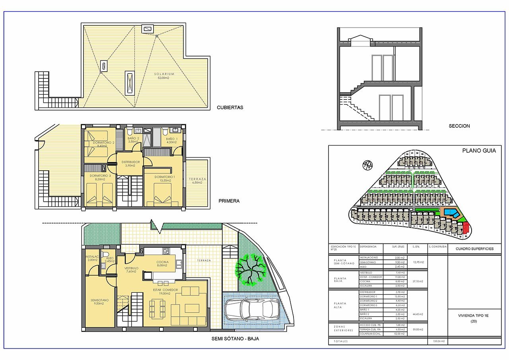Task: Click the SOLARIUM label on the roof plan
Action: (x=165, y=74)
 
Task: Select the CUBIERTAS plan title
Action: (x=230, y=107)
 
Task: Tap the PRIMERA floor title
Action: (x=229, y=201)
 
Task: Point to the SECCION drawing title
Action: (x=459, y=126)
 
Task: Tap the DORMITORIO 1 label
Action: (x=165, y=177)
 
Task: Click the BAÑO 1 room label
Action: (x=171, y=139)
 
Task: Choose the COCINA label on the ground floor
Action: (x=162, y=262)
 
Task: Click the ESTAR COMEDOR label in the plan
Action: (x=165, y=290)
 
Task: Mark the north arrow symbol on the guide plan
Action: (x=368, y=165)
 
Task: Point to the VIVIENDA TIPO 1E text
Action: (x=473, y=315)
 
